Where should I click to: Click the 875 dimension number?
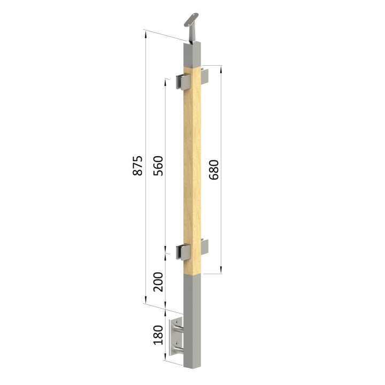pos(137,165)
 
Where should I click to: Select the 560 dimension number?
pos(158,166)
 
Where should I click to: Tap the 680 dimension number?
pos(213,170)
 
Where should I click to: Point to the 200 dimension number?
pos(158,282)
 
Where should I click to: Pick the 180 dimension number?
pos(158,335)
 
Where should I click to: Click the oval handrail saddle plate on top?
pos(191,20)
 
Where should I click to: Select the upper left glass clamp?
pos(183,82)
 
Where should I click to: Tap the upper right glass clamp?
pos(204,76)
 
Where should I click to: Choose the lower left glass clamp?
pos(183,252)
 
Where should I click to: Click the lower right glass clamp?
pos(204,247)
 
